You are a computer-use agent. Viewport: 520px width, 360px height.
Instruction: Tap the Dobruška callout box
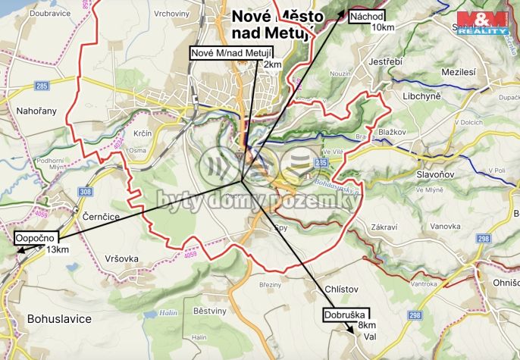(x=346, y=314)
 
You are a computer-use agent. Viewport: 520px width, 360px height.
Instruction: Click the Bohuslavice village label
(x=59, y=318)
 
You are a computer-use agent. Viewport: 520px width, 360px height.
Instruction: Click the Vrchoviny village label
(x=172, y=14)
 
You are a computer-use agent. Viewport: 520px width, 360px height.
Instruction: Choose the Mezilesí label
(x=458, y=70)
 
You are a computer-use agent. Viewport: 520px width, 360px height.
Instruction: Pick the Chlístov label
(x=341, y=290)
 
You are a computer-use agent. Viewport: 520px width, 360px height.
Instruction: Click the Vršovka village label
(x=121, y=258)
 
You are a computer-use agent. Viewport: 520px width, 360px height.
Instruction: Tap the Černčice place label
(x=100, y=216)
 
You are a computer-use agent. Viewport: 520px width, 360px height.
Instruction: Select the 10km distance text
(x=383, y=27)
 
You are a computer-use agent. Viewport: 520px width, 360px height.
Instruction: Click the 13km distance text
(x=58, y=250)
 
